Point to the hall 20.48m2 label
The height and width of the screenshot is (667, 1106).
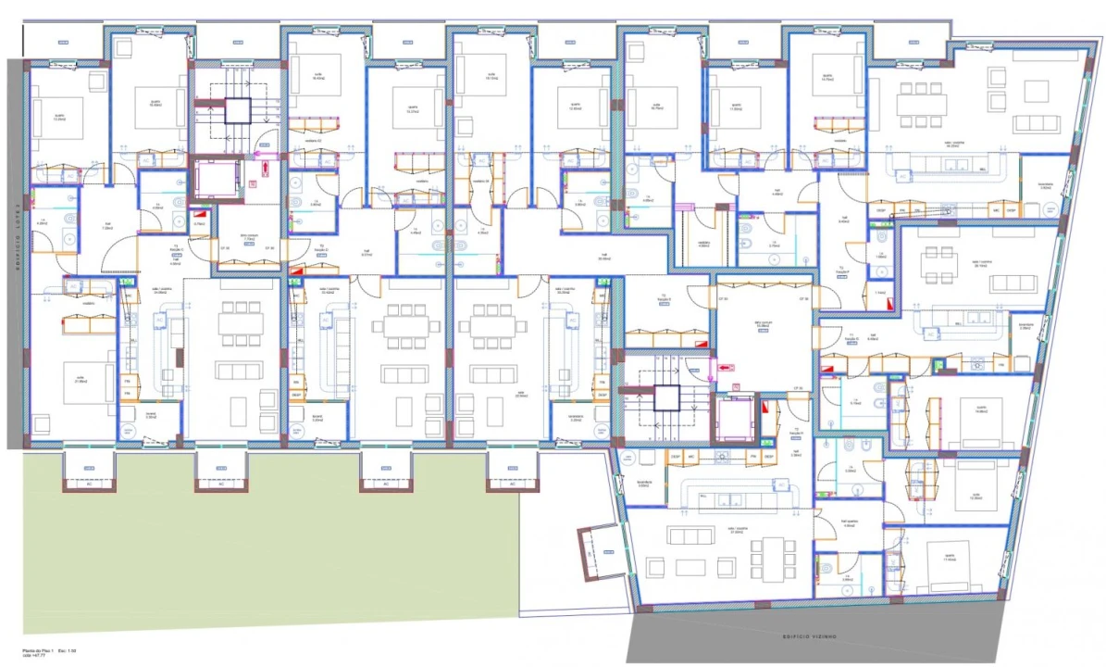[603, 257]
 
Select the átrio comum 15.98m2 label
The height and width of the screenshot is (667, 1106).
[764, 324]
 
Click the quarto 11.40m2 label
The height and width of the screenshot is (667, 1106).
[949, 559]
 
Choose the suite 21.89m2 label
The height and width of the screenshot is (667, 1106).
[69, 368]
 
